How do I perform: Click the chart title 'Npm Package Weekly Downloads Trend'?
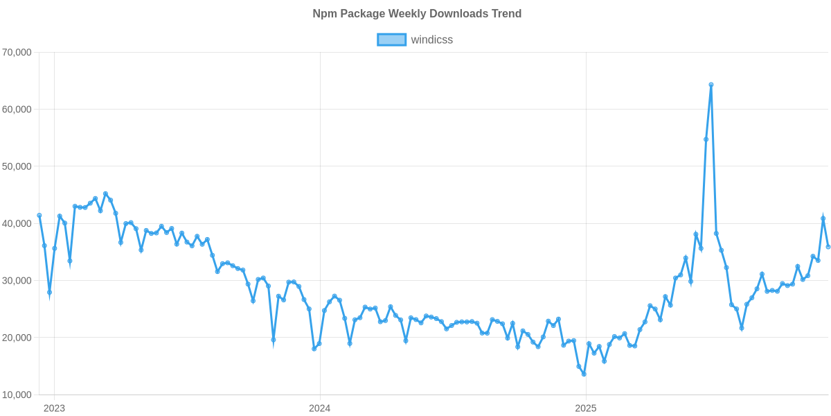416,14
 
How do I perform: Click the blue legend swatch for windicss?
391,40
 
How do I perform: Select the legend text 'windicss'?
431,40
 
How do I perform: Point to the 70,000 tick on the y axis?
18,52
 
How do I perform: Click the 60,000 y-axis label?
18,110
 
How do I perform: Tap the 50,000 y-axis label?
18,166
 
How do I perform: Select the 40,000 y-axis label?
18,223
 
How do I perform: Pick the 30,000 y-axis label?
18,281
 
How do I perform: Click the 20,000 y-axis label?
18,338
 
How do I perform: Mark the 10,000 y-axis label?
18,395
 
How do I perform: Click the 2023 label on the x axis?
54,408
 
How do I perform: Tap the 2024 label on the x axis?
319,408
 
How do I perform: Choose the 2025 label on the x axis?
586,408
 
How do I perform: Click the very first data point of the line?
39,215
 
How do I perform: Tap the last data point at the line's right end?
828,247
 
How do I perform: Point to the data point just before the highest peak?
706,139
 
